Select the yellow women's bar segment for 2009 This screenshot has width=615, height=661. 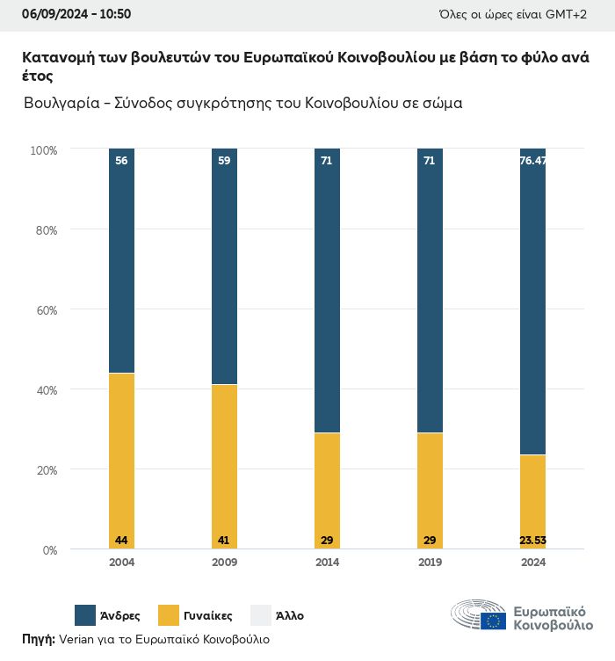pos(224,466)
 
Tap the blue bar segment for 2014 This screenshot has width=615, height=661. pos(327,290)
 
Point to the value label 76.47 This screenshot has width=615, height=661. pos(532,161)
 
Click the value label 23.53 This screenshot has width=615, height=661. pos(532,540)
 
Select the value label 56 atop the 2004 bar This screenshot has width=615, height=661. pos(121,161)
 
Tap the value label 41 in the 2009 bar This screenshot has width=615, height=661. pos(224,540)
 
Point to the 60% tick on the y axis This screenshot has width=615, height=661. pos(45,310)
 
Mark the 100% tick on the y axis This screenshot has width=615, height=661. pos(43,150)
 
